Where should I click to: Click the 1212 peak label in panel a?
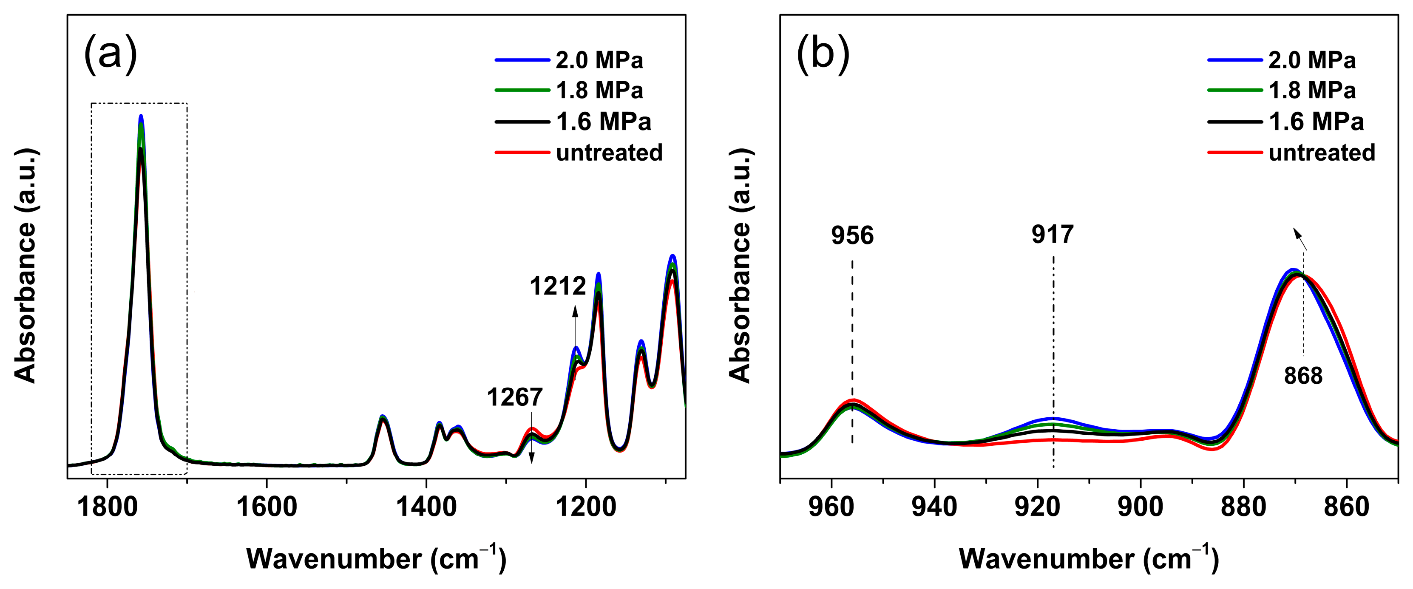557,286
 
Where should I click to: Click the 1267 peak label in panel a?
514,397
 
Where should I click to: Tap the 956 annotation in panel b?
852,235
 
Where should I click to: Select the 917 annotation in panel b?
1052,234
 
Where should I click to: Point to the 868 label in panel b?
1303,376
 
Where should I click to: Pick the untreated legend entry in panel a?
609,153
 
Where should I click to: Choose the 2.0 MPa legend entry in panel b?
1311,60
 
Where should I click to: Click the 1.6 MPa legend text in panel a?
603,121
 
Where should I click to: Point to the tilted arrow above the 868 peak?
1300,239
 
